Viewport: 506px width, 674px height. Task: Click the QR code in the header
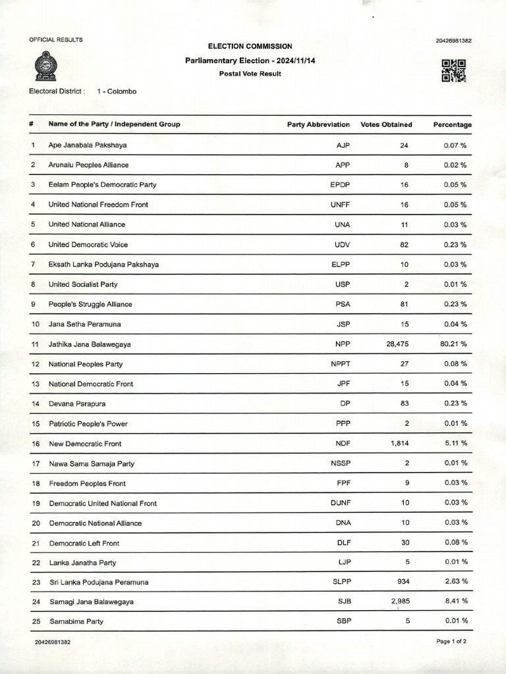(x=453, y=70)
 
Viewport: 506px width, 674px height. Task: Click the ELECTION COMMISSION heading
(x=250, y=47)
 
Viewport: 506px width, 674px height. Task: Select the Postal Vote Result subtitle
(x=250, y=74)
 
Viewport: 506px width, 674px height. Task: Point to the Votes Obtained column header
(x=386, y=124)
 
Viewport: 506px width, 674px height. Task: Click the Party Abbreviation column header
(x=318, y=124)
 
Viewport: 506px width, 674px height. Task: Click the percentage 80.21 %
(x=455, y=344)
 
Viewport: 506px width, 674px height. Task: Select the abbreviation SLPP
(x=340, y=582)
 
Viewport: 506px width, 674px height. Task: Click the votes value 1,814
(x=400, y=444)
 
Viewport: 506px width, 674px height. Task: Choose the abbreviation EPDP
(x=340, y=185)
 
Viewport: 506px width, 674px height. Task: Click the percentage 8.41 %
(x=456, y=602)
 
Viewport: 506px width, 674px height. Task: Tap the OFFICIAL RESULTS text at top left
(x=56, y=40)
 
